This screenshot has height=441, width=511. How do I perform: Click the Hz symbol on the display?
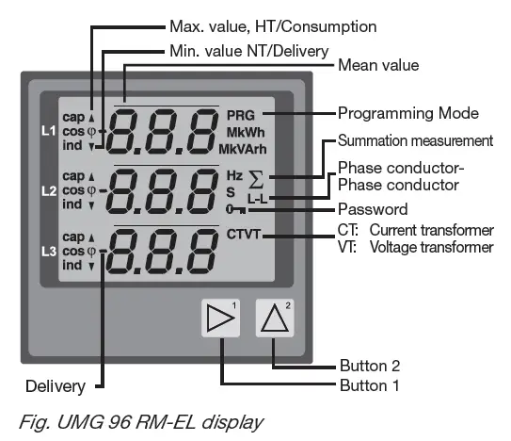234,175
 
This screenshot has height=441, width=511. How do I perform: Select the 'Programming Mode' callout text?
408,113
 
